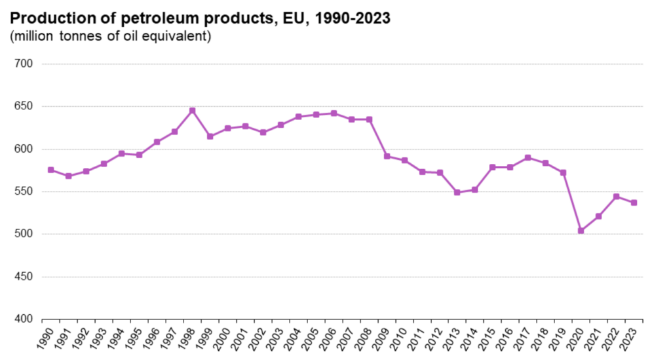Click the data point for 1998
point(192,110)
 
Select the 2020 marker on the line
point(581,231)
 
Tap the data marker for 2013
point(457,192)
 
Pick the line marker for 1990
point(50,170)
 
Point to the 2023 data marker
point(634,203)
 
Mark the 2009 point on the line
point(387,156)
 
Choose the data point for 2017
point(527,157)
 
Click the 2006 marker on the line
point(334,113)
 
